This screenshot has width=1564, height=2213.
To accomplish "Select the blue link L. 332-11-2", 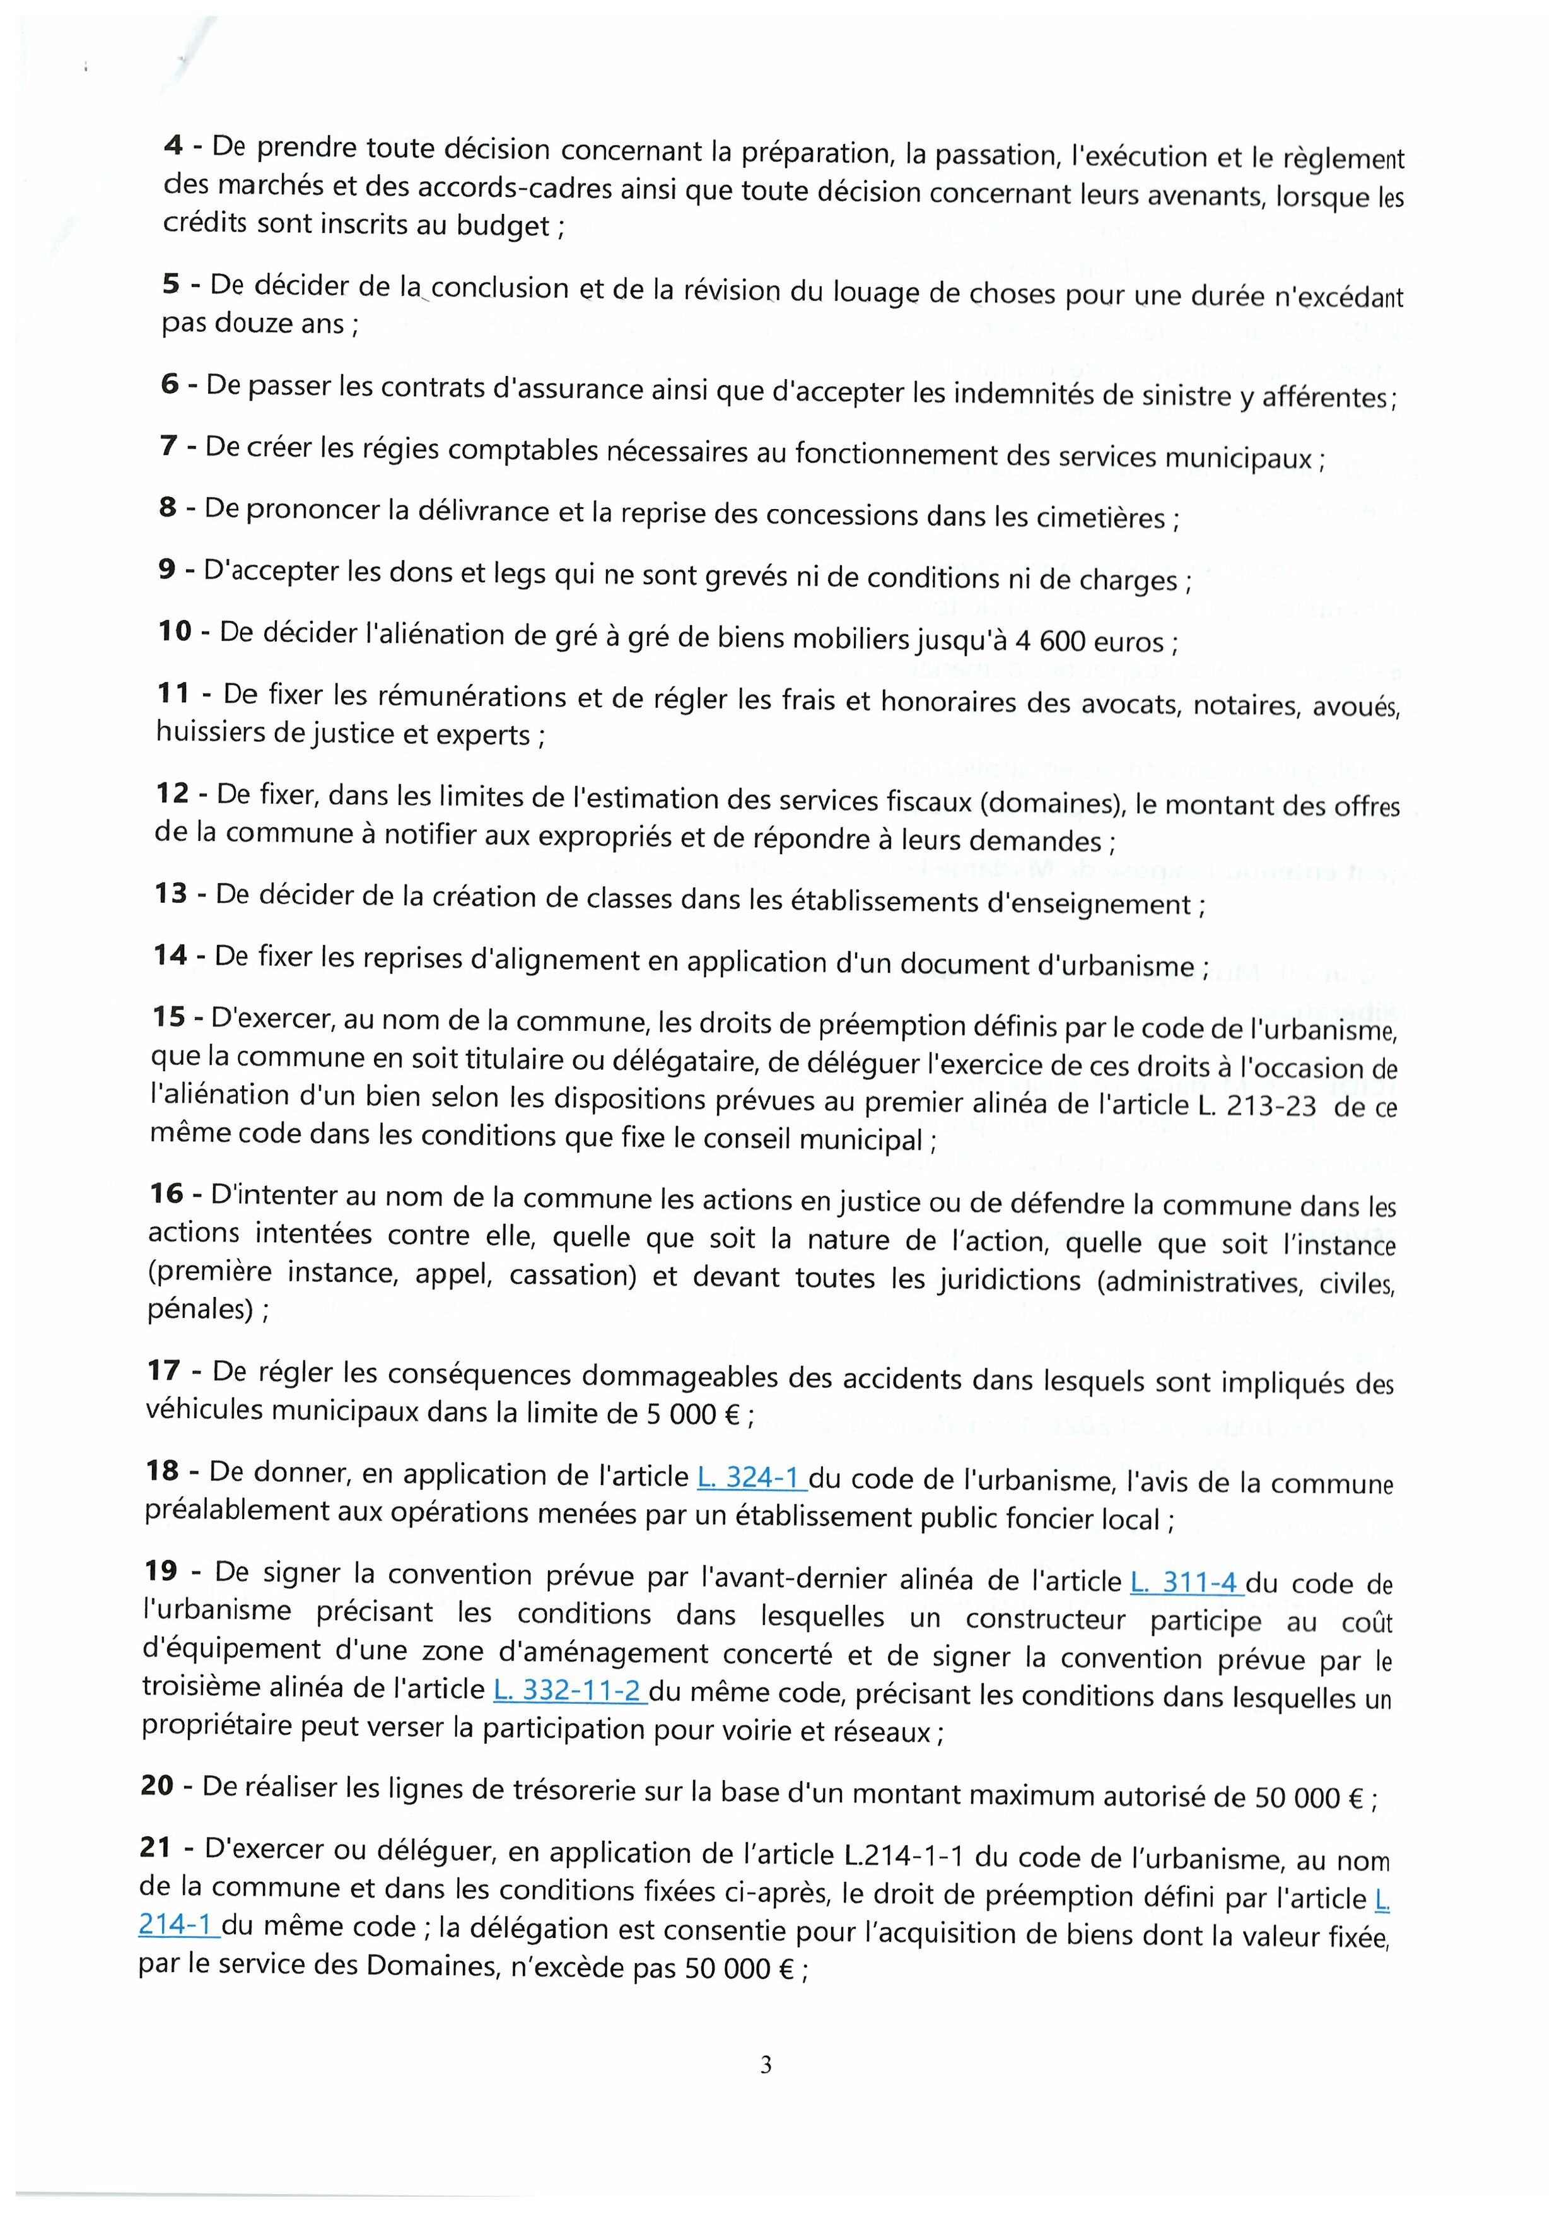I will [x=569, y=1689].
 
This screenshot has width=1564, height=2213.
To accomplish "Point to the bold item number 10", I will [x=175, y=631].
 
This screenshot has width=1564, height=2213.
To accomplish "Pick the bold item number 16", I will [x=166, y=1194].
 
